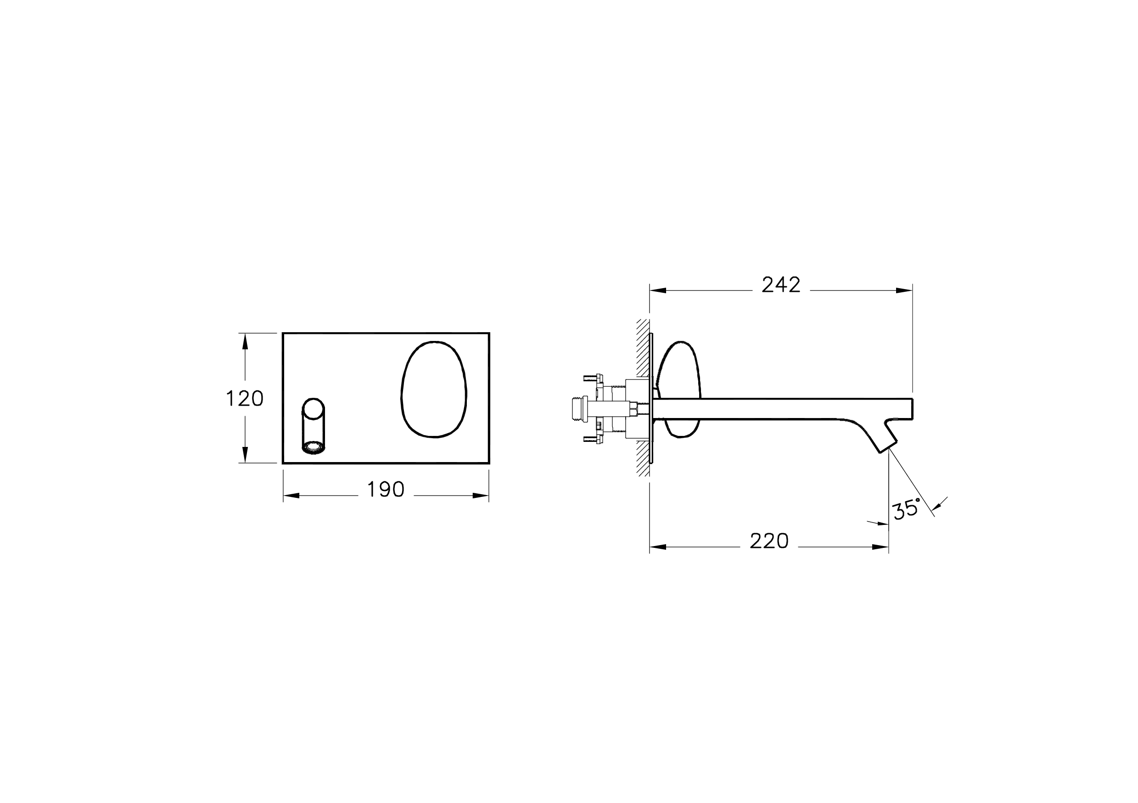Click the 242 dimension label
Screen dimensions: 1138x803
pos(781,285)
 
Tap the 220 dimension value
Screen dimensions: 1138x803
pos(769,541)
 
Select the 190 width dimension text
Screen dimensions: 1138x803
pos(386,490)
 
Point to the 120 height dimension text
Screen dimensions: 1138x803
pos(244,399)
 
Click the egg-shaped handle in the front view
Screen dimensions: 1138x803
pos(434,390)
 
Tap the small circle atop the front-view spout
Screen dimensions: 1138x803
pos(313,409)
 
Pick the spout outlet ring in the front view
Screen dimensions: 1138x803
pos(313,448)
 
